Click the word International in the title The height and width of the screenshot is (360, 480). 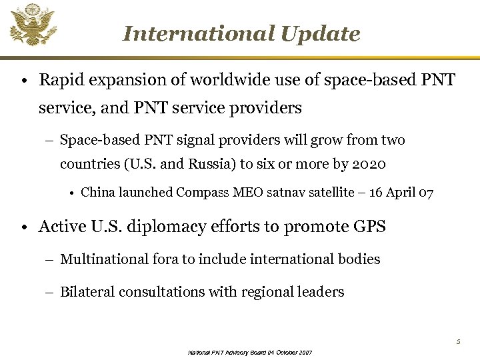pyautogui.click(x=199, y=33)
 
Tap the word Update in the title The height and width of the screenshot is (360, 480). pyautogui.click(x=321, y=33)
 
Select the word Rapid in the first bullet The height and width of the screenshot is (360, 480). pyautogui.click(x=58, y=81)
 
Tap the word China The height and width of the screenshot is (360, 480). pyautogui.click(x=98, y=193)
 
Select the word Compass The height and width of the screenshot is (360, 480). pyautogui.click(x=203, y=193)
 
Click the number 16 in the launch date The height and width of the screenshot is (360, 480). pyautogui.click(x=376, y=193)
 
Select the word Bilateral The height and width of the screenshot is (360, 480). pyautogui.click(x=87, y=291)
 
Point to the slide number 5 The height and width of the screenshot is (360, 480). pyautogui.click(x=458, y=342)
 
